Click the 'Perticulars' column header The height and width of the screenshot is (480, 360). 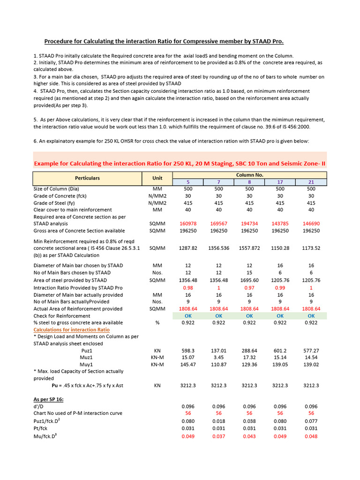pyautogui.click(x=87, y=178)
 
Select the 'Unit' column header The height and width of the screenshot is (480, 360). pyautogui.click(x=157, y=178)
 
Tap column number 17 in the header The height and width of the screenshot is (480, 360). pyautogui.click(x=280, y=182)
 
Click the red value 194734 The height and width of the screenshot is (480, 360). pyautogui.click(x=249, y=224)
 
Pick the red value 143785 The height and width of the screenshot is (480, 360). pyautogui.click(x=280, y=224)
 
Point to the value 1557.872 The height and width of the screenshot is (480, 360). pyautogui.click(x=249, y=248)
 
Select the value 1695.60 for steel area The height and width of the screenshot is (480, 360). pyautogui.click(x=249, y=280)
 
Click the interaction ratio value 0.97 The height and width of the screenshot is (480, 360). pyautogui.click(x=249, y=287)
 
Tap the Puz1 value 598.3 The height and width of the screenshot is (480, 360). pyautogui.click(x=188, y=350)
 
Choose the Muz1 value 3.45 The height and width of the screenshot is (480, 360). pyautogui.click(x=218, y=357)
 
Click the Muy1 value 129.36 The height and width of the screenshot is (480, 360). pyautogui.click(x=249, y=364)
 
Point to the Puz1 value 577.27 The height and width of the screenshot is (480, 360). pyautogui.click(x=311, y=350)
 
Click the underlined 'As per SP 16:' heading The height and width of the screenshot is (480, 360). pyautogui.click(x=49, y=399)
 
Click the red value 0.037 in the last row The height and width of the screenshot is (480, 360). pyautogui.click(x=218, y=436)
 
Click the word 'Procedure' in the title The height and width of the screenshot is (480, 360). pyautogui.click(x=60, y=41)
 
